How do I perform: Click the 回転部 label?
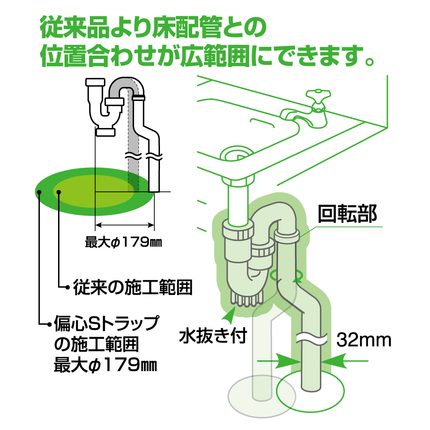(347, 214)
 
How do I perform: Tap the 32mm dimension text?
(364, 340)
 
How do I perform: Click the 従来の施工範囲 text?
(132, 286)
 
